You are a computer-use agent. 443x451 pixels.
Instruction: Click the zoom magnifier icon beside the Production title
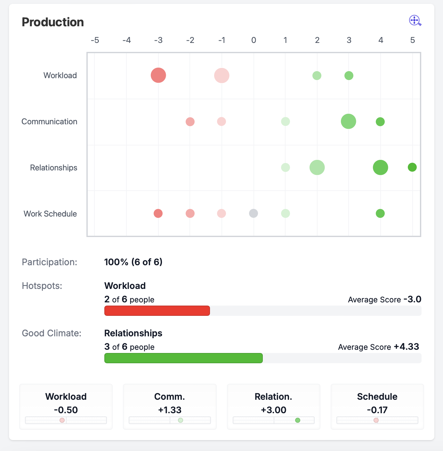tap(415, 20)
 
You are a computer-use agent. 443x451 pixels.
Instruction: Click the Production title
tap(53, 22)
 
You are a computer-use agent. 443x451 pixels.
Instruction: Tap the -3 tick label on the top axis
tap(158, 40)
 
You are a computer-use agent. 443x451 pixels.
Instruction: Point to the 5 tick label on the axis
tap(412, 40)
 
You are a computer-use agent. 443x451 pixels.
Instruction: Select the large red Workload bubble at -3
tap(158, 75)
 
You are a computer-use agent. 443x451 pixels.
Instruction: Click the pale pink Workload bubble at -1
tap(222, 75)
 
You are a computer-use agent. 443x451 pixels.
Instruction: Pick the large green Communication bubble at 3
tap(349, 121)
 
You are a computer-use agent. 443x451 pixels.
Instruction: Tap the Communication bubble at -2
tap(190, 122)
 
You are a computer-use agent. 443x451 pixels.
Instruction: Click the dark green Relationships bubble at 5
tap(412, 167)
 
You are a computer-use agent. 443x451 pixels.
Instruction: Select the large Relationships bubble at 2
tap(317, 167)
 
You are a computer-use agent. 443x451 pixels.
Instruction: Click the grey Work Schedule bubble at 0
tap(254, 213)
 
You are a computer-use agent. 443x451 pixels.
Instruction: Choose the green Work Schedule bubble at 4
tap(380, 213)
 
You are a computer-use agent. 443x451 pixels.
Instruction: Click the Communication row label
tap(49, 121)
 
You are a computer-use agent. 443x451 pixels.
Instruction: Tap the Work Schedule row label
tap(50, 214)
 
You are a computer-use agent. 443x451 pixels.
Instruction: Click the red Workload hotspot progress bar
tap(157, 311)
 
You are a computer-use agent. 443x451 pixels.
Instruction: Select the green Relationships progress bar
tap(184, 358)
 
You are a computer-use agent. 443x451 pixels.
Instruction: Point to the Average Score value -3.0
tap(413, 299)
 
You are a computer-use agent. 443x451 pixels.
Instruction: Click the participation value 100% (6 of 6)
tap(133, 262)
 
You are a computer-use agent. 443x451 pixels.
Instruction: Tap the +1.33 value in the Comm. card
tap(170, 410)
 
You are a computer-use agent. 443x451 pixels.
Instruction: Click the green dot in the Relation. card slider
tap(297, 420)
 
